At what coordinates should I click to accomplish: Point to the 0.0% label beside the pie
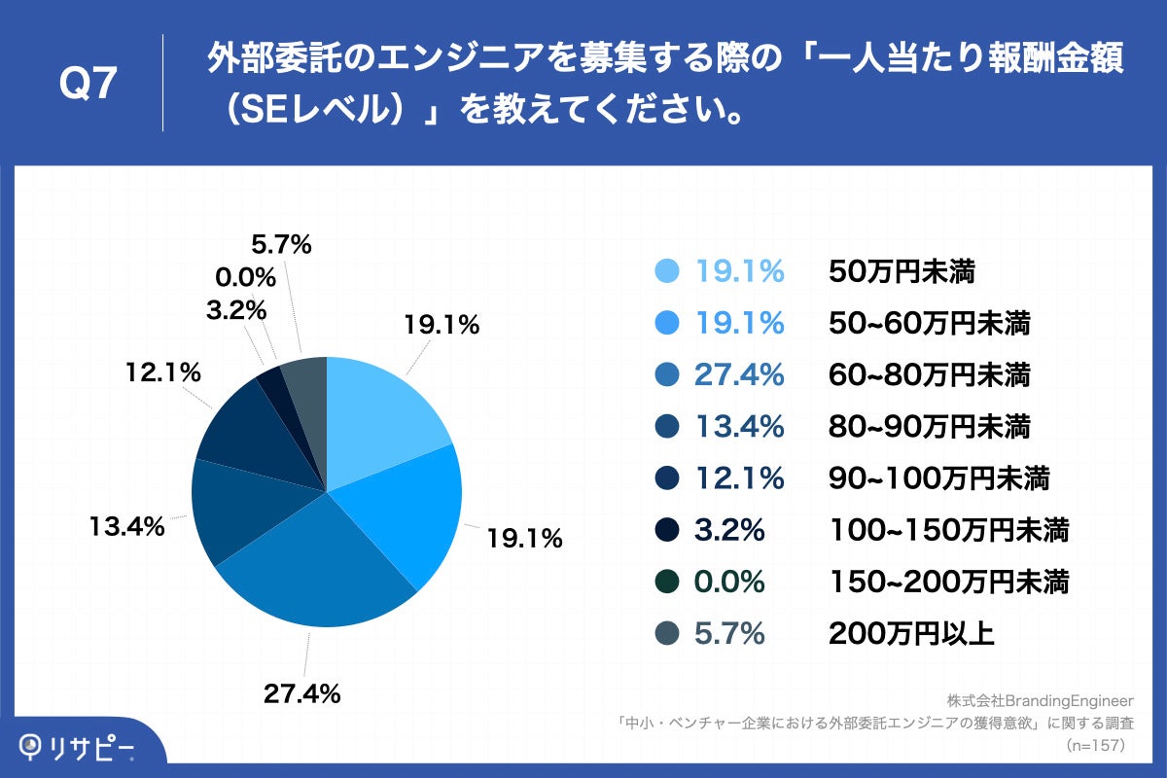[245, 278]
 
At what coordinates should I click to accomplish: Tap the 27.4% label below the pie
[301, 693]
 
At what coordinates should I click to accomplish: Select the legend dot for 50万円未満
[667, 272]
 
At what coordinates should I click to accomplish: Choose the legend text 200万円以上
[911, 634]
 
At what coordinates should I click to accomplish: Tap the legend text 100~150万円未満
[948, 530]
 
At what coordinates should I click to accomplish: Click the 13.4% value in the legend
[739, 426]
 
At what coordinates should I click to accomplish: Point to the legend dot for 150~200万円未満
[667, 583]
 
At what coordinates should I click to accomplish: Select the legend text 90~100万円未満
[938, 478]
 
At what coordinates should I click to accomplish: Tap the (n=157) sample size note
[1095, 746]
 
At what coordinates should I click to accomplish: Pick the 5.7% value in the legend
[729, 634]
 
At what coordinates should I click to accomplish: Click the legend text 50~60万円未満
[929, 323]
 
